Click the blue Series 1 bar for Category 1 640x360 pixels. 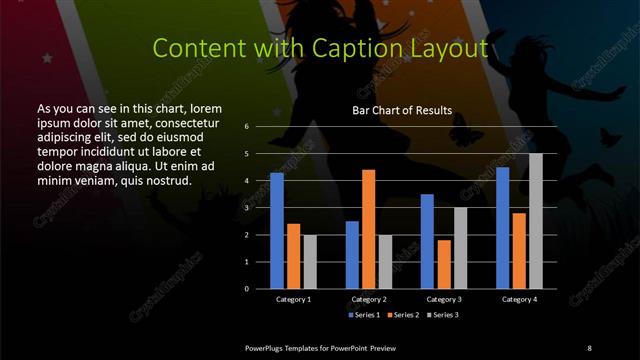(x=277, y=231)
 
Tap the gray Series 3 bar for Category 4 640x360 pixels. (x=536, y=221)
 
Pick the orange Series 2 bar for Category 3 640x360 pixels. (x=444, y=264)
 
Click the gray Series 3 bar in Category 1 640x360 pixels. (x=309, y=261)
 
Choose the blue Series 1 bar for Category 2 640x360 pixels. (x=352, y=255)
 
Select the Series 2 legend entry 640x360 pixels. (x=402, y=315)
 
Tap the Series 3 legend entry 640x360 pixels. (x=440, y=315)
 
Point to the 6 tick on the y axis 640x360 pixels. (x=246, y=127)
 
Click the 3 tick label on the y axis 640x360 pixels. (x=246, y=208)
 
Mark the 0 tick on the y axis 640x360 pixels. (x=246, y=289)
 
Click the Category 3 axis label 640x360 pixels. (x=444, y=299)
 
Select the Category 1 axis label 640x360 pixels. (x=293, y=299)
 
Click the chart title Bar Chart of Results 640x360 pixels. (x=402, y=110)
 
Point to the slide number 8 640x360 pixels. (x=589, y=347)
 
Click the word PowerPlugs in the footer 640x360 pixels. (x=267, y=347)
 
